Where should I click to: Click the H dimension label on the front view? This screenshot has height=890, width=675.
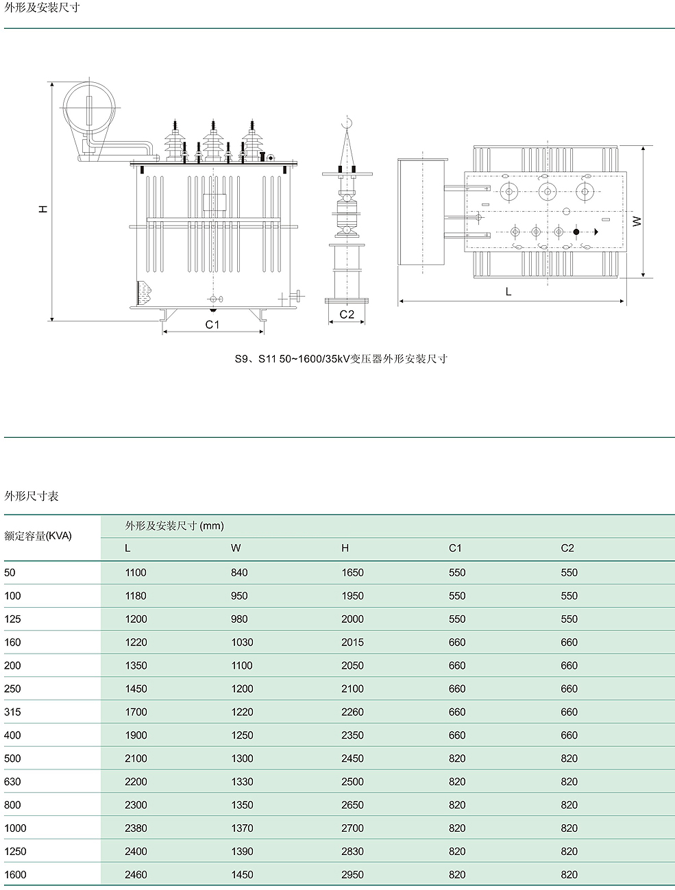[43, 208]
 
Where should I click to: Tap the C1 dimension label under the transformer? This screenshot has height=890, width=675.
[212, 324]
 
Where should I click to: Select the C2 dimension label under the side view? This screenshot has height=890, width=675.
[347, 314]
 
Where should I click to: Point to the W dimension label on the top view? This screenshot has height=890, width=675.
[637, 221]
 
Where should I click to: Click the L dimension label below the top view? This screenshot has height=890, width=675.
[508, 292]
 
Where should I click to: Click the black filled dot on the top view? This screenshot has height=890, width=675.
[576, 232]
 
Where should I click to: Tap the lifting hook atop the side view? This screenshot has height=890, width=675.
[347, 123]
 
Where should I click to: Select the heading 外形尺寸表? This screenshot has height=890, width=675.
[32, 496]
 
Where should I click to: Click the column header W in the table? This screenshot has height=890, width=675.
[236, 548]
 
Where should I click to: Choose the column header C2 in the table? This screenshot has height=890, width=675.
[567, 548]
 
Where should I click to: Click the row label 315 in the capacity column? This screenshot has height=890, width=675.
[13, 712]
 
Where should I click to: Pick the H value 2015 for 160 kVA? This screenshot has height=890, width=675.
[352, 642]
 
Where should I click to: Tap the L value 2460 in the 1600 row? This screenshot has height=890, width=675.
[136, 874]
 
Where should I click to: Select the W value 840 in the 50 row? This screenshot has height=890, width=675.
[239, 572]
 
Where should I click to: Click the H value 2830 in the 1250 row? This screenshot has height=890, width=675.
[352, 851]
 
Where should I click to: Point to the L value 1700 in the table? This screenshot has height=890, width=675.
[136, 712]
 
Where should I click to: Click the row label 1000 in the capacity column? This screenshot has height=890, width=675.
[15, 828]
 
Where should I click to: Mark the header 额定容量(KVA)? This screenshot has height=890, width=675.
[38, 536]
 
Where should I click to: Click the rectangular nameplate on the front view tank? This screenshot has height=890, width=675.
[214, 201]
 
